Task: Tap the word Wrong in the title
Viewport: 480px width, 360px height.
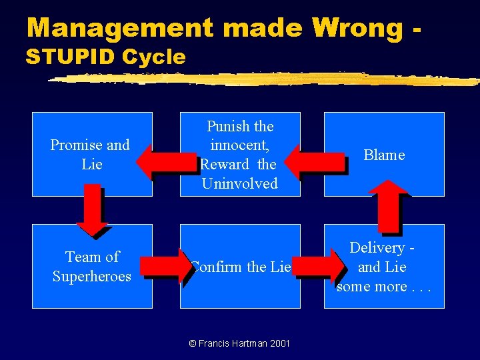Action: tap(357, 28)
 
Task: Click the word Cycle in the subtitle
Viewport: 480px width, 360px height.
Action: tap(153, 57)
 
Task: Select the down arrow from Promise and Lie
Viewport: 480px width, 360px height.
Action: tap(91, 209)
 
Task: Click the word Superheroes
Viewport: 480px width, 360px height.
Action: tap(92, 276)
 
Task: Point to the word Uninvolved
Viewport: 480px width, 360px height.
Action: tap(239, 184)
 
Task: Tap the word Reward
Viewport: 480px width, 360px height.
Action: tap(225, 165)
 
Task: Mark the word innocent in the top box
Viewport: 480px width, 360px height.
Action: tap(239, 145)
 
